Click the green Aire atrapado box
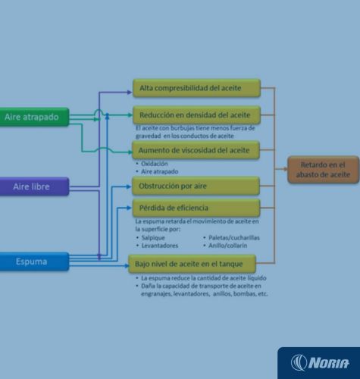click(34, 117)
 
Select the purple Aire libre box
click(34, 186)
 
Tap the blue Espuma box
click(34, 262)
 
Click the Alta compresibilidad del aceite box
click(196, 88)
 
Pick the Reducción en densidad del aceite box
click(196, 115)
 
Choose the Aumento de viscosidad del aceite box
click(196, 150)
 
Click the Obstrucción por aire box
click(196, 186)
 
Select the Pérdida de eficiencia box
click(196, 208)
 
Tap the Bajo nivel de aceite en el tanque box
click(192, 264)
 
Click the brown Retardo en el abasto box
click(324, 170)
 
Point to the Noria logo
click(320, 363)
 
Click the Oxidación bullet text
click(155, 164)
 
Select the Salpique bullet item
click(153, 238)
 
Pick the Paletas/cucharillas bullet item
click(234, 238)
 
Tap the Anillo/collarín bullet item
click(227, 246)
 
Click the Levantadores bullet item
click(160, 246)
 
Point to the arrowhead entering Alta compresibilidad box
click(130, 92)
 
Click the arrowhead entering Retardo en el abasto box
click(285, 169)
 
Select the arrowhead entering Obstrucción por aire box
click(129, 186)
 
